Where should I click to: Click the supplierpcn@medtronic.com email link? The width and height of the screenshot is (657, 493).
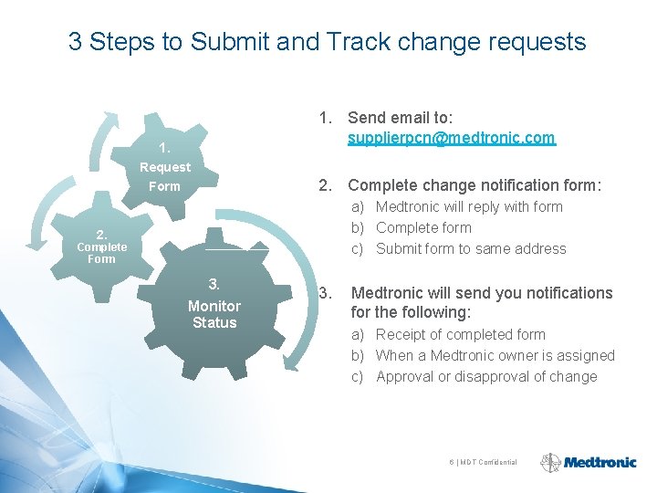(451, 138)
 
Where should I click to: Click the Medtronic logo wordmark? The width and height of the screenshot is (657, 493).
(600, 462)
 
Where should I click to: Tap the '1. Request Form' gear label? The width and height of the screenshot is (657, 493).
(164, 167)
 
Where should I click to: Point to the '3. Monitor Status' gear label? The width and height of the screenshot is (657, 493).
(214, 305)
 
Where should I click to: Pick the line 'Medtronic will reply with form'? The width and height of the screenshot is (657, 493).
(469, 206)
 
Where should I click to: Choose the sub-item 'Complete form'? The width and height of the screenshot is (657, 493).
(423, 227)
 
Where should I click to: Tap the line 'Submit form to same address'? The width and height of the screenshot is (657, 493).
(471, 248)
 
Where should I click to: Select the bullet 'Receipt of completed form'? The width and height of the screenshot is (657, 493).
(460, 334)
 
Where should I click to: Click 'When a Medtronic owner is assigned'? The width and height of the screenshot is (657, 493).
(495, 355)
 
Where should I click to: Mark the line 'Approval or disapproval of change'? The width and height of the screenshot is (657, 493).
(485, 376)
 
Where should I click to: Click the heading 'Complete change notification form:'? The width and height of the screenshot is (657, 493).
(474, 185)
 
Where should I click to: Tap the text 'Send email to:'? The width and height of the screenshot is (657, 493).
(401, 117)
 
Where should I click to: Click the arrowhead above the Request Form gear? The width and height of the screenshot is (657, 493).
(111, 119)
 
